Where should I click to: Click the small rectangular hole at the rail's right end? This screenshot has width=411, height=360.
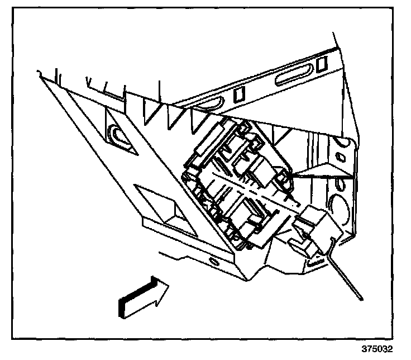click(x=321, y=64)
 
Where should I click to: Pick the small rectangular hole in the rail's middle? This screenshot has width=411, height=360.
click(x=238, y=95)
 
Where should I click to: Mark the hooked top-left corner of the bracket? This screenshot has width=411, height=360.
click(x=39, y=73)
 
